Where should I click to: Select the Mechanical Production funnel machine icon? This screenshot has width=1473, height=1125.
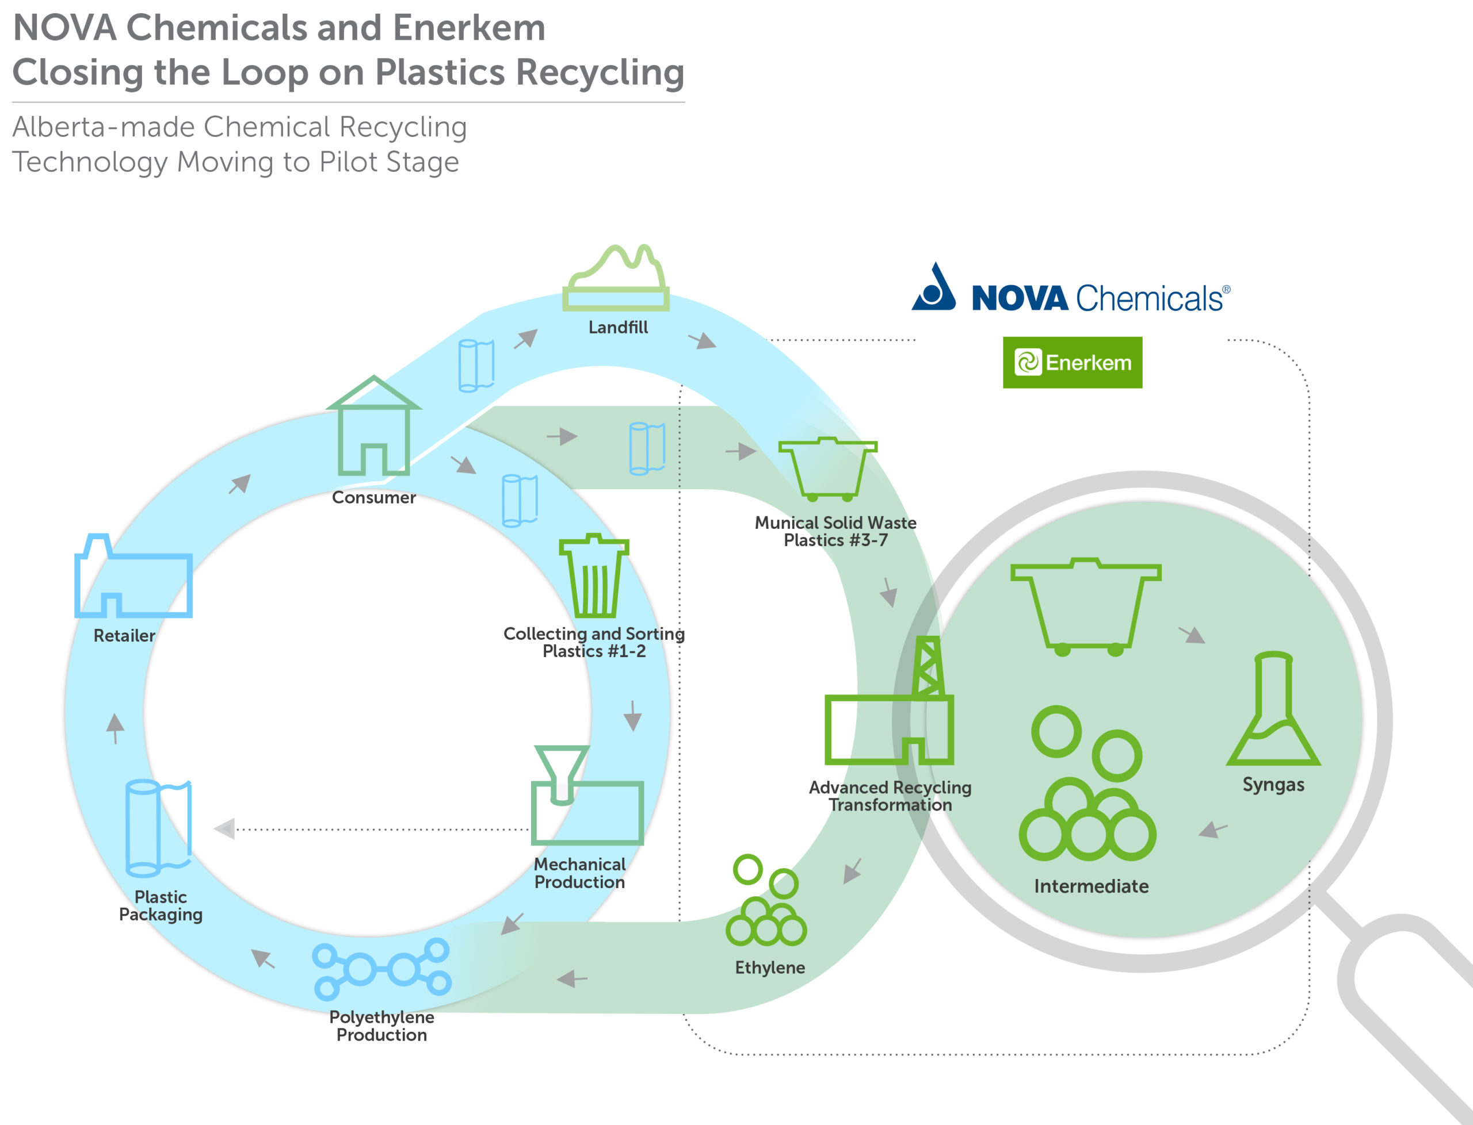click(x=586, y=796)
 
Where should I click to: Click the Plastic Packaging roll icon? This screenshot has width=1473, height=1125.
click(x=158, y=828)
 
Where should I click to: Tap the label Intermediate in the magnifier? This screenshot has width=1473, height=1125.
click(x=1090, y=886)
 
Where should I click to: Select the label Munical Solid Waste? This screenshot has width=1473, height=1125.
click(x=835, y=523)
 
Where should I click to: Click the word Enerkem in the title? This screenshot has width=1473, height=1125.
click(x=468, y=28)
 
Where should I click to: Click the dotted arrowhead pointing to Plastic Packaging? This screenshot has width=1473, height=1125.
click(x=224, y=829)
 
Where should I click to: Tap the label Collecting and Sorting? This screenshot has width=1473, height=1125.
click(x=594, y=633)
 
